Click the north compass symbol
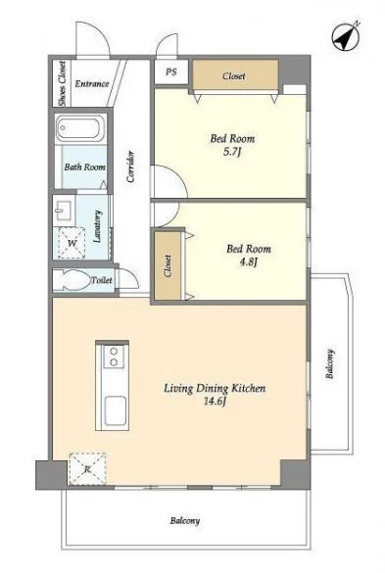coord(346,37)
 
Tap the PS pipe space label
coord(171,72)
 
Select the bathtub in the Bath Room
coord(80,128)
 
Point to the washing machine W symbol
coord(72,243)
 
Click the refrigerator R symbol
coord(87,469)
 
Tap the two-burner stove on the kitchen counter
coord(114,357)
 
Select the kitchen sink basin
coord(116,410)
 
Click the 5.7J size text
coord(232,152)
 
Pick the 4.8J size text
coord(249,263)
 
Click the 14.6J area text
coord(215,402)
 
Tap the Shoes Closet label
coord(63,83)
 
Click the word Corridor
coord(130,167)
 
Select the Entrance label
coord(92,83)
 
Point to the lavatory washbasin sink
coord(64,211)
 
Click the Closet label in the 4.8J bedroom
coord(168,265)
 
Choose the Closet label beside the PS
coord(233,76)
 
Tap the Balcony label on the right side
coord(330,363)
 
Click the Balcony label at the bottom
coord(185,520)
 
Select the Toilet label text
coord(102,280)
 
